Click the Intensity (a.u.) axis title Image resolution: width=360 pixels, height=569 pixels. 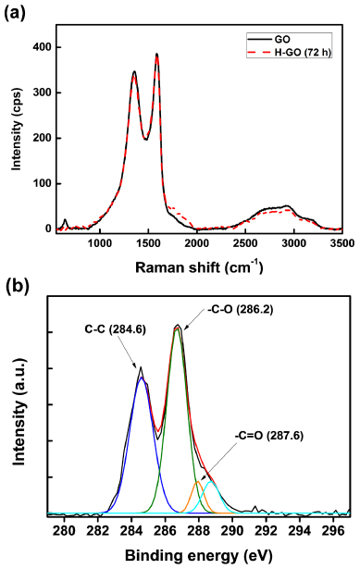click(x=18, y=410)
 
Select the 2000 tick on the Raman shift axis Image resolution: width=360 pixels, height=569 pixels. click(x=196, y=243)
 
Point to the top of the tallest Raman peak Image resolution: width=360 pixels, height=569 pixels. click(x=157, y=54)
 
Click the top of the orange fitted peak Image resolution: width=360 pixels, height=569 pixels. click(x=198, y=482)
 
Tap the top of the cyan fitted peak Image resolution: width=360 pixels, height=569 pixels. click(x=211, y=482)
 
